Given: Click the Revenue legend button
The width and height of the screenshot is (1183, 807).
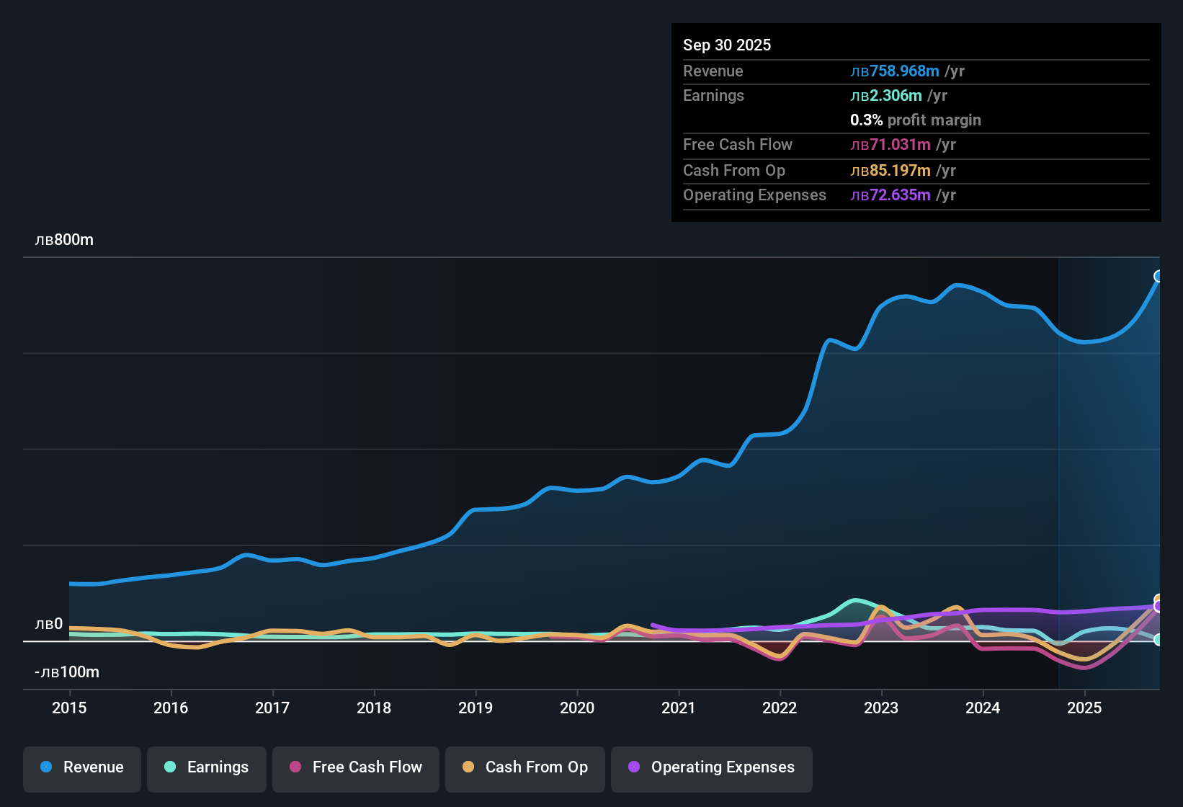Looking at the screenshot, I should pos(82,767).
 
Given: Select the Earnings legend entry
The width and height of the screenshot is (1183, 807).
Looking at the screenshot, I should pos(207,767).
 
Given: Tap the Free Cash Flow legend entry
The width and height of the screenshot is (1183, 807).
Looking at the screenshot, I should pos(356,767).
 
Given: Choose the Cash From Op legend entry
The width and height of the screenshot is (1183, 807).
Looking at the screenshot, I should pos(525,767).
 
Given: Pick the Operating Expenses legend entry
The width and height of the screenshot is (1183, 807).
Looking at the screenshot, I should pos(712,767).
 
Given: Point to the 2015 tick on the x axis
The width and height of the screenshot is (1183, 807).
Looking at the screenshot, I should pos(69,708).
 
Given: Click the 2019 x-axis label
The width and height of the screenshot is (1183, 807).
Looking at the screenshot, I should pos(476,708).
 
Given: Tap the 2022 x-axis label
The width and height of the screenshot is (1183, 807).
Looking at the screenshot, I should pos(780,708).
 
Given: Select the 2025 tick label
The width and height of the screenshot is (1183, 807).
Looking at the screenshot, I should pos(1084,708).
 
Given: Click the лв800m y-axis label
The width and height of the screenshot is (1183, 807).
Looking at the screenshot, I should pos(64,240).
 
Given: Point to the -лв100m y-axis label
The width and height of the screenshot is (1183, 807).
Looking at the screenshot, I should pos(67,672).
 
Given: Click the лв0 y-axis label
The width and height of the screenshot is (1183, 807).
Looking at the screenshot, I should pos(49,624).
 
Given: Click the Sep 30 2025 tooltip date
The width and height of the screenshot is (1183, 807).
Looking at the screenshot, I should pos(727,45).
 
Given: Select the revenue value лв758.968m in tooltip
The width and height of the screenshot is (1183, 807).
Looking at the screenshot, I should pos(895,71).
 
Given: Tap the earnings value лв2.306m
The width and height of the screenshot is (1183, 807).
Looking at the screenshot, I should pos(886,96).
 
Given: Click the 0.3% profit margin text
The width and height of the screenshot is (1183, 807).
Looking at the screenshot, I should pos(916,120).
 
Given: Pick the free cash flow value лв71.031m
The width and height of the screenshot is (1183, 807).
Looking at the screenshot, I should pos(890,145).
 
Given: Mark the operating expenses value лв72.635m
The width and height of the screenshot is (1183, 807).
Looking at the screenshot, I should pos(890,195).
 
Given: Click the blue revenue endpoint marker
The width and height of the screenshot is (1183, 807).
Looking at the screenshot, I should pos(1159,277).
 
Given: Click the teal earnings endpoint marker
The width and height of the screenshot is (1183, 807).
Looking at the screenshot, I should pos(1158,640).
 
